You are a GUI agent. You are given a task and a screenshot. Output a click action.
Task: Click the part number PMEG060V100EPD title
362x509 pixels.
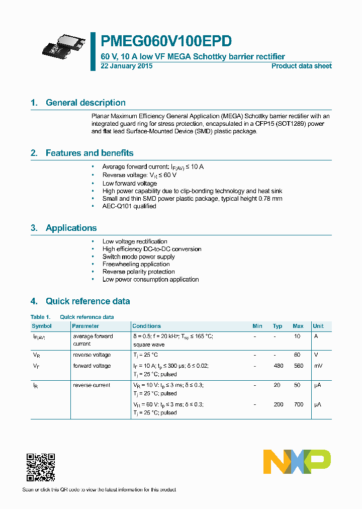166,41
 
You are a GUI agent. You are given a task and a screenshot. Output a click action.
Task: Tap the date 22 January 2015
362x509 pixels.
127,66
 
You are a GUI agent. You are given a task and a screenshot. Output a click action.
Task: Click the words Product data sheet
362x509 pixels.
301,66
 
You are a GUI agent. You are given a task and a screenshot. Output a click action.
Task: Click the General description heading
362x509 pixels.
85,103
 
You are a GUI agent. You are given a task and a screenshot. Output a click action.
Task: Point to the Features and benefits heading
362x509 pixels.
89,153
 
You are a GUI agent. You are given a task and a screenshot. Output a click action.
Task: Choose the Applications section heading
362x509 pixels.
71,228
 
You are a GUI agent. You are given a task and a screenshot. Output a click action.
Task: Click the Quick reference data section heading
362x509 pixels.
87,301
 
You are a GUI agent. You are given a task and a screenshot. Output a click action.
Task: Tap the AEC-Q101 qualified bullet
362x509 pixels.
129,206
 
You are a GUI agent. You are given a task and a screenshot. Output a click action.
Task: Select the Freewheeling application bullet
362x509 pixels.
136,264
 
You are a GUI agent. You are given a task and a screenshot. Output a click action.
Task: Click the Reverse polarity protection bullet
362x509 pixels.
138,272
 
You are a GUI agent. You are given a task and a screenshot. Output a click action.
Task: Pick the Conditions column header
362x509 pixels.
146,326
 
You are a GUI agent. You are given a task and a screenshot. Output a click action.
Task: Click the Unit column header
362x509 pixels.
318,326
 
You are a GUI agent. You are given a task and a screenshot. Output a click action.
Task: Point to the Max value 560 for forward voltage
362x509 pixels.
298,366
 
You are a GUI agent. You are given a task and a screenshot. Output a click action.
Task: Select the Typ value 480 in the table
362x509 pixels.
278,366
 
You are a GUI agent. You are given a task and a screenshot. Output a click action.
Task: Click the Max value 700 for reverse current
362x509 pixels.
298,404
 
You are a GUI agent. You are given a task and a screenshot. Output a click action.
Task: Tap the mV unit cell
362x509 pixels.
318,366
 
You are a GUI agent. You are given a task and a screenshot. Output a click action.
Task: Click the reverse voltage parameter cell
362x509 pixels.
92,355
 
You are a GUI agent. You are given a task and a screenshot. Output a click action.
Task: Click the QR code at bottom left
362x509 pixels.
40,467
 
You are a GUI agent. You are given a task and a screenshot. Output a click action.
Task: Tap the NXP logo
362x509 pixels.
297,462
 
